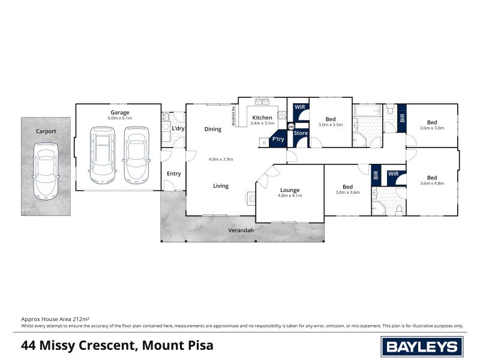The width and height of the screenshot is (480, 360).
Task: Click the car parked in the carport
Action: pos(46,170)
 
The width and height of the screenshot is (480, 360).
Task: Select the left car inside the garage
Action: pos(103,156)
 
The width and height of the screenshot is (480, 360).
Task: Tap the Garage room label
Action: pos(119,112)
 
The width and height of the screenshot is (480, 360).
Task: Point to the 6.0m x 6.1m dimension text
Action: pos(119,118)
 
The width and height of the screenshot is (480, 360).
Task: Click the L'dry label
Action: pos(178,129)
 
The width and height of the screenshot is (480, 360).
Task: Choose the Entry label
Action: pos(173,174)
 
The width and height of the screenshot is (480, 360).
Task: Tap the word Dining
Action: pos(213,129)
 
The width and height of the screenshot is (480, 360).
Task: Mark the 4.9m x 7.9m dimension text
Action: pos(220,159)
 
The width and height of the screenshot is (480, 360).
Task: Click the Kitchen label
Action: pos(262,118)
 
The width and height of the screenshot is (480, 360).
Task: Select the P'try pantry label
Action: pos(278,139)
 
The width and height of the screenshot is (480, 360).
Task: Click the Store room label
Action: pos(301,133)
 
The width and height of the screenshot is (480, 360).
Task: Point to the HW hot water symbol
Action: pos(291,127)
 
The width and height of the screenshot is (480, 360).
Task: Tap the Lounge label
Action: pos(289,190)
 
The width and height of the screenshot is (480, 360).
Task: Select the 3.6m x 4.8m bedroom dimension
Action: pos(431,184)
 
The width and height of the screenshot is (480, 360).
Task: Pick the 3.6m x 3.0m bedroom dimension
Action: pos(431,128)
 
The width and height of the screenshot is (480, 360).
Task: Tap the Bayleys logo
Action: pos(422,346)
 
